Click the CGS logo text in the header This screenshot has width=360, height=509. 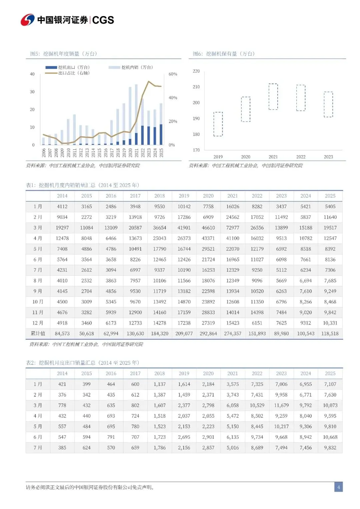103,20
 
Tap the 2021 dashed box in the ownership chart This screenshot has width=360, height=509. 273,97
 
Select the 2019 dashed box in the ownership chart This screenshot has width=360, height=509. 218,124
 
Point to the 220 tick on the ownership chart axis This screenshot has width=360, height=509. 196,71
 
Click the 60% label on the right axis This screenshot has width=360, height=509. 173,74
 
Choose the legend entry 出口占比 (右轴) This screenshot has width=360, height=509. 74,73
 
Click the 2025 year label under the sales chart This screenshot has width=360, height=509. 161,153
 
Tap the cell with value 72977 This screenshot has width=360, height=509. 233,228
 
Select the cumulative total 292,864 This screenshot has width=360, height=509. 208,333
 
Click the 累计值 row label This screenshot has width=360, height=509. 38,333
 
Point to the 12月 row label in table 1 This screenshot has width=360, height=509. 38,323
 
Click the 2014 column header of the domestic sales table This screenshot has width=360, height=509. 62,196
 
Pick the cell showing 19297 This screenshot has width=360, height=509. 62,228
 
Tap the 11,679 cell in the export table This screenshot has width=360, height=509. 281,405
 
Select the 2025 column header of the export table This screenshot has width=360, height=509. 330,373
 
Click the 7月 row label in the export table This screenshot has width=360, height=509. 38,448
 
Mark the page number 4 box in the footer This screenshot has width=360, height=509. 338,487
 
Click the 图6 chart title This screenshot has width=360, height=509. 224,54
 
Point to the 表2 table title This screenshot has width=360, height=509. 83,363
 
